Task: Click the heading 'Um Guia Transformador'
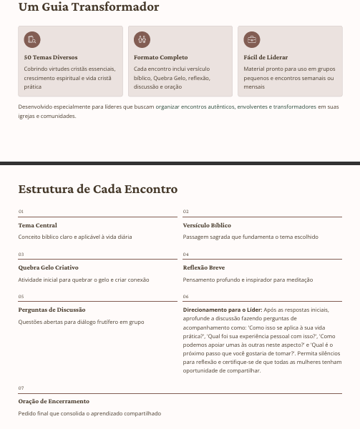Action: (89, 7)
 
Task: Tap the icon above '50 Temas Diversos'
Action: (32, 39)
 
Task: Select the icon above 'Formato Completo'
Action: (142, 39)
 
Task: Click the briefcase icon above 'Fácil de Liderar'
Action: (252, 39)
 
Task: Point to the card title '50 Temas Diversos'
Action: (51, 57)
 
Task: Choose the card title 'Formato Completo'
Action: (160, 57)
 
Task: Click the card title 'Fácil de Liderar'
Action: (266, 57)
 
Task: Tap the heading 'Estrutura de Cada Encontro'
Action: (98, 189)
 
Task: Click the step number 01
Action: (21, 212)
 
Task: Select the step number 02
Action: (186, 212)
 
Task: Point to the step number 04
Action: (186, 255)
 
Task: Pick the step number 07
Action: (21, 388)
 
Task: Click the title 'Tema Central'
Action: (37, 225)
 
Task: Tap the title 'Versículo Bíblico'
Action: (207, 225)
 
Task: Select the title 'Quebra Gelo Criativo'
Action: (48, 267)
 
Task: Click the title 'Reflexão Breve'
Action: (204, 267)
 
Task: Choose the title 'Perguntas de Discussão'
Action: (52, 310)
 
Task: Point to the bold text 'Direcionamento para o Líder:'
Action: (223, 310)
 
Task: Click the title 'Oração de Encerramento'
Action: (54, 401)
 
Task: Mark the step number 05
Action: (21, 297)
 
